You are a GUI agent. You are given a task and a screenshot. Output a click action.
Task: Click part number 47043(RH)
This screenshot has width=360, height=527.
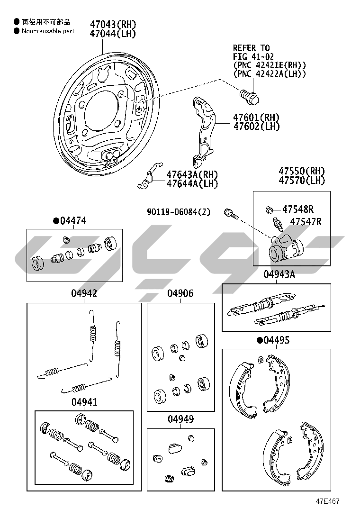113,24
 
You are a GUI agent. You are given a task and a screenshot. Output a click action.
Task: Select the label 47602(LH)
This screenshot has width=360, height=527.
257,127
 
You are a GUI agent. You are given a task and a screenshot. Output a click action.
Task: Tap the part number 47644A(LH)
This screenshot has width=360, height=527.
192,183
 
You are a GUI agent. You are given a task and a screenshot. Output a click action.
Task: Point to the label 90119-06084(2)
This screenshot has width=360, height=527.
178,212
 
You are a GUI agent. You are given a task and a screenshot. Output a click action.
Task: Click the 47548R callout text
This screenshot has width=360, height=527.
298,209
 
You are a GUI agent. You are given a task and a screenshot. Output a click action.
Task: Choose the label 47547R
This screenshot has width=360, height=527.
306,221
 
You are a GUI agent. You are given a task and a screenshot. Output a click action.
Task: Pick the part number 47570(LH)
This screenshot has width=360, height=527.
302,181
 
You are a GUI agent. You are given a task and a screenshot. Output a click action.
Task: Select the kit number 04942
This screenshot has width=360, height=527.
84,293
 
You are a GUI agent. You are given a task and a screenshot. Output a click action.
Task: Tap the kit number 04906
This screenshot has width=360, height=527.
180,293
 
